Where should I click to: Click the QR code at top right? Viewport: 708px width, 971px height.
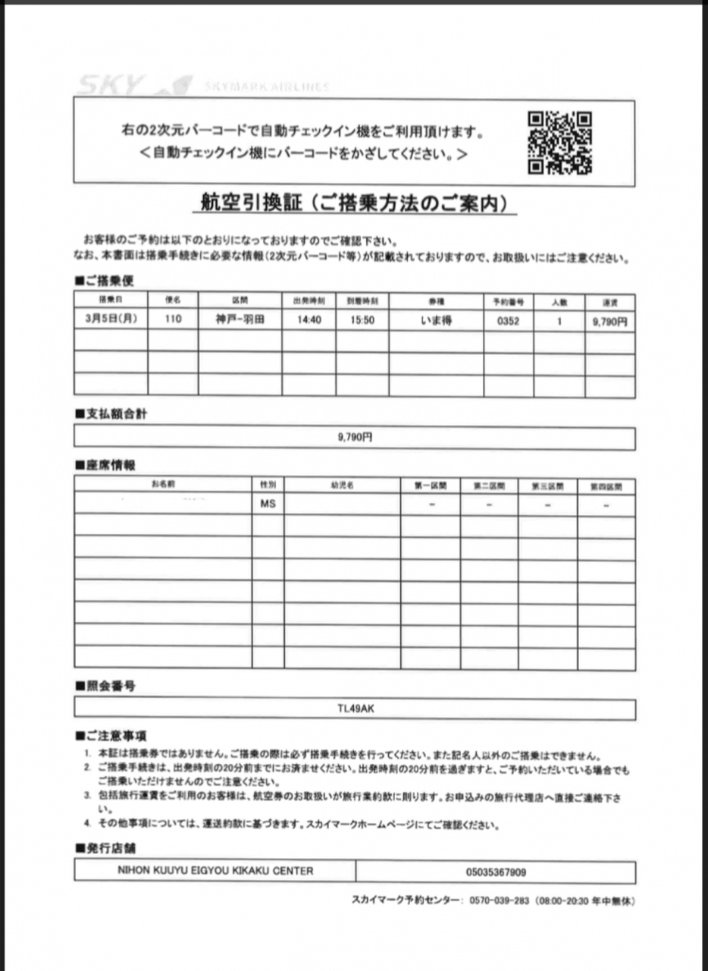click(x=559, y=143)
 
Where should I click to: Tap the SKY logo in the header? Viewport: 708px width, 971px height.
click(x=110, y=86)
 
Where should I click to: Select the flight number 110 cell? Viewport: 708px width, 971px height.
click(x=173, y=320)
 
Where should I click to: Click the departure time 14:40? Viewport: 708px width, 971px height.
click(x=309, y=320)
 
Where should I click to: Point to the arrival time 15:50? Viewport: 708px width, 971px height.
click(x=362, y=320)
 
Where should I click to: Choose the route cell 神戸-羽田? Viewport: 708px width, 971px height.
click(x=240, y=320)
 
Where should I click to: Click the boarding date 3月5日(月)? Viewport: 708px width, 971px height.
click(x=111, y=319)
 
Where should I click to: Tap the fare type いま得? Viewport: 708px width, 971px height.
click(x=436, y=320)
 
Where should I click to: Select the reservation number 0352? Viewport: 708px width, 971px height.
click(x=508, y=320)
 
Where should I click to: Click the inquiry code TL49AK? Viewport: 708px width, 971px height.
click(x=355, y=709)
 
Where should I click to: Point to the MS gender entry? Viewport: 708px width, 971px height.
click(x=268, y=504)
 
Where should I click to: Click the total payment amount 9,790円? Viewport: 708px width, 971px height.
click(x=355, y=438)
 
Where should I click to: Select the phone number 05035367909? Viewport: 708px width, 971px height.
click(x=496, y=872)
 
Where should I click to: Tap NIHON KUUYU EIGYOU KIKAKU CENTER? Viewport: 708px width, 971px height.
click(x=215, y=872)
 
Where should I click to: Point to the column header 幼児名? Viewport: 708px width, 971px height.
click(x=342, y=485)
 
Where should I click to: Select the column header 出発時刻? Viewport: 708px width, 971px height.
click(x=309, y=301)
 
